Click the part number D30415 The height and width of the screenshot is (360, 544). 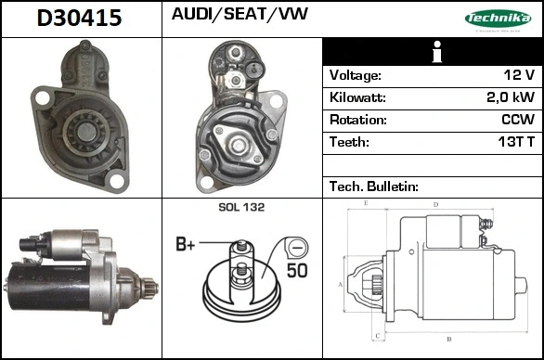tap(79, 18)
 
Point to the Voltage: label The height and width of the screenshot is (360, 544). tap(356, 75)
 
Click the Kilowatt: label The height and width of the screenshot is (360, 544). tap(358, 97)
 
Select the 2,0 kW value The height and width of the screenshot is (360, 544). tap(511, 97)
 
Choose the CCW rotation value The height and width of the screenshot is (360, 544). tap(516, 120)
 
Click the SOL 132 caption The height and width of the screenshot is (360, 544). tap(241, 207)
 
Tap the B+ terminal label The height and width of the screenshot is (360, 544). tap(186, 245)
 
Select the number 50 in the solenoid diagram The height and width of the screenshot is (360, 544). tap(297, 272)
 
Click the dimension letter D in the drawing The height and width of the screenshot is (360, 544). tap(435, 204)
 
